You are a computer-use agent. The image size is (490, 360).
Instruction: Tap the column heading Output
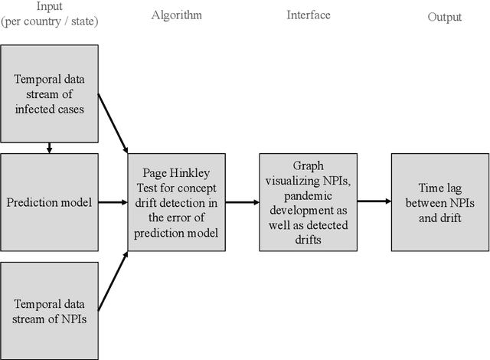[x=445, y=17]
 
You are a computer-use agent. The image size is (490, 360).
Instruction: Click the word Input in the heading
[x=49, y=6]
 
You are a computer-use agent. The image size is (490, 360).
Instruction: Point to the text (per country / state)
[x=49, y=21]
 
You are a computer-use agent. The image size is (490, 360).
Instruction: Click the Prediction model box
[x=49, y=202]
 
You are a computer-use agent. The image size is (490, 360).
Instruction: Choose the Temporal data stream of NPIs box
[x=49, y=309]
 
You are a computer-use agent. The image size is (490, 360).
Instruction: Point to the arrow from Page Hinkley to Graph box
[x=244, y=202]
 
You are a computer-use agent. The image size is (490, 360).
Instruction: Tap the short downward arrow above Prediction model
[x=49, y=147]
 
